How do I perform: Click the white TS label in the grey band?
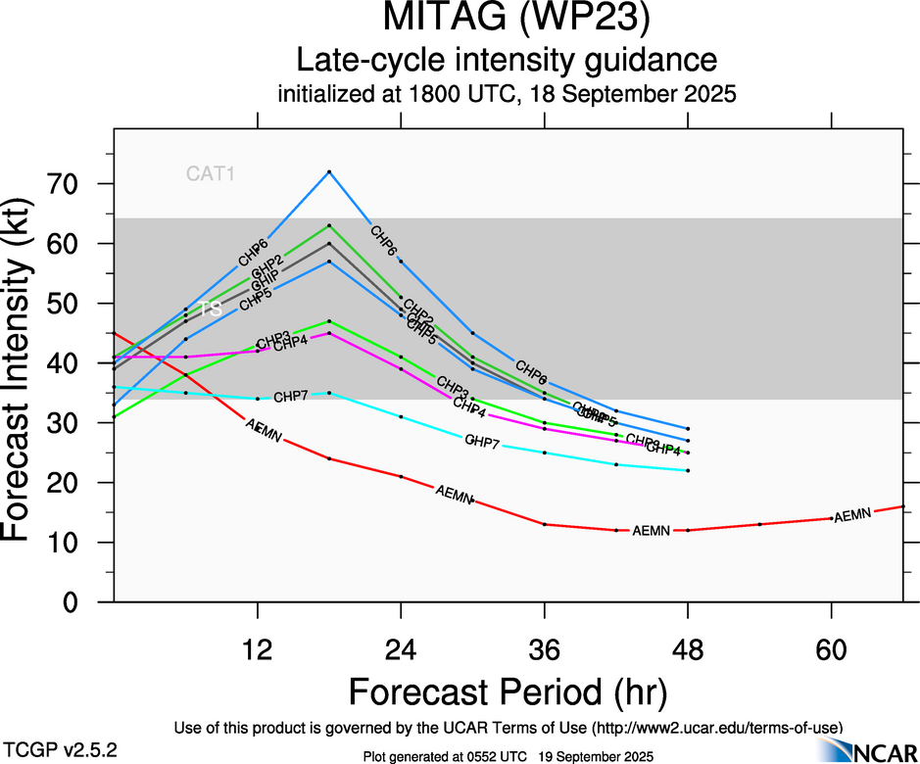coord(211,309)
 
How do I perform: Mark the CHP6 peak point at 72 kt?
coord(329,171)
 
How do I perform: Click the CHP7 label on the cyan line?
coord(291,397)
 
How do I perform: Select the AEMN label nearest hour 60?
coord(851,514)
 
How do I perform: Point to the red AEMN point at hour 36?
coord(545,524)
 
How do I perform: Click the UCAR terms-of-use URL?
coord(716,728)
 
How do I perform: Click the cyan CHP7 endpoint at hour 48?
coord(689,470)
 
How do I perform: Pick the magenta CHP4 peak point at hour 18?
coord(329,333)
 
